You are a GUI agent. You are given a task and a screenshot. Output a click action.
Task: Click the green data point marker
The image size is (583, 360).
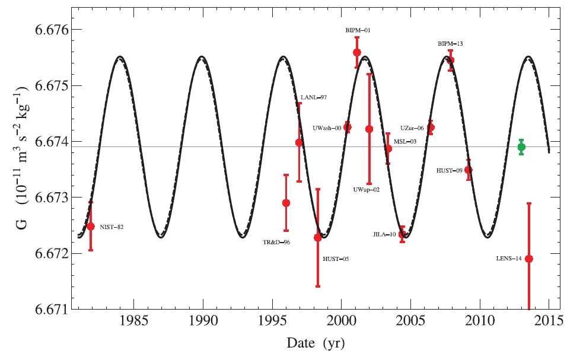point(521,147)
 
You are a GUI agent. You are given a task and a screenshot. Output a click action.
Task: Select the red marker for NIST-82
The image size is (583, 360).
point(91,226)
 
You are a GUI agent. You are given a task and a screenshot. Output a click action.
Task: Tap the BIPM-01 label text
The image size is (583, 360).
point(359,30)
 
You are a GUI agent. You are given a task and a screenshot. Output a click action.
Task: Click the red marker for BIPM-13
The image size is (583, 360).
point(451,60)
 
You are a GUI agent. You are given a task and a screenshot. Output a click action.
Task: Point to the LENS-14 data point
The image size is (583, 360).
point(529,259)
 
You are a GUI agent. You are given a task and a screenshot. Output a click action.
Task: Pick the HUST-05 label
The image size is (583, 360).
point(335,259)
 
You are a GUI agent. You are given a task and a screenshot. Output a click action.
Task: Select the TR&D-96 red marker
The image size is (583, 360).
point(286,203)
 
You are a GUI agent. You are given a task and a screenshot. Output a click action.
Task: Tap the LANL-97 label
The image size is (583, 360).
point(314,97)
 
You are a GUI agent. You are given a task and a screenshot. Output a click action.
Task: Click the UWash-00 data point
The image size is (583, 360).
point(348,127)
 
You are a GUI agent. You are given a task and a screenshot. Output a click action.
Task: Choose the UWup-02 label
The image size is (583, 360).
point(366,189)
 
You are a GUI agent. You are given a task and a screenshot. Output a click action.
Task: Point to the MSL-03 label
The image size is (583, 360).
point(405,141)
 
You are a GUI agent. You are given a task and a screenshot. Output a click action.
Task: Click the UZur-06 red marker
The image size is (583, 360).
point(431,128)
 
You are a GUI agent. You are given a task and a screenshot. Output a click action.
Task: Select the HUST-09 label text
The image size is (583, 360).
point(450,170)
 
